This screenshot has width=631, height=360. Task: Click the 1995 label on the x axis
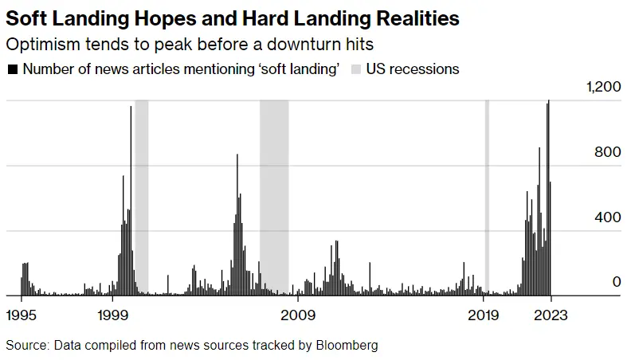click(21, 314)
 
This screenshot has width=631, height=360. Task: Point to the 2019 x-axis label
click(483, 314)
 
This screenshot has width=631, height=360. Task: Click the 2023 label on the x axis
click(551, 314)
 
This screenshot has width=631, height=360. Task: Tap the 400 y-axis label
click(609, 217)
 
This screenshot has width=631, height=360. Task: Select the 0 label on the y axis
click(616, 282)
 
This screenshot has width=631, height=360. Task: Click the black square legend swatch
click(12, 69)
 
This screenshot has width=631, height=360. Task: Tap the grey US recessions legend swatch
click(355, 69)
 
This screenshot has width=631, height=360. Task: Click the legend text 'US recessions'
click(413, 69)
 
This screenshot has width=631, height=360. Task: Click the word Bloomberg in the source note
click(346, 345)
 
